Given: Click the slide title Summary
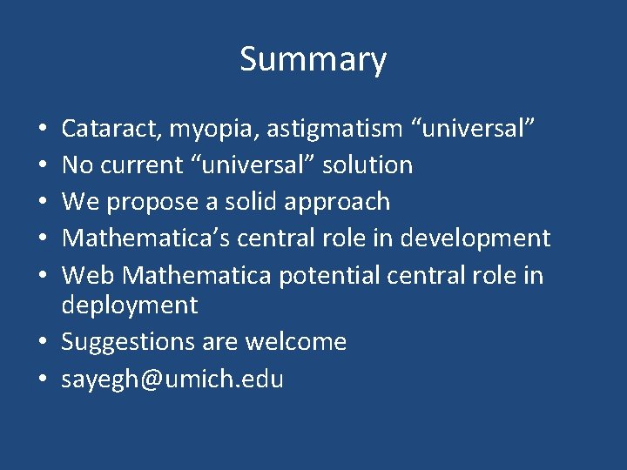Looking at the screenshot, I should point(313,60).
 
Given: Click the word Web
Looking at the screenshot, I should point(89,276).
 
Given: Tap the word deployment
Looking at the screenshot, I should point(130,305).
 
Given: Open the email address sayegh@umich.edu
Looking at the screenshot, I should point(172,379).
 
